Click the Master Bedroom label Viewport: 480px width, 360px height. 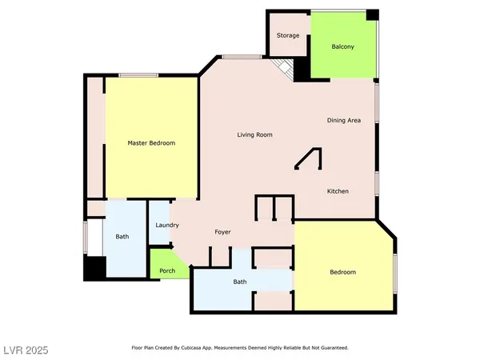[151, 143]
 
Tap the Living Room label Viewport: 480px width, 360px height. [254, 134]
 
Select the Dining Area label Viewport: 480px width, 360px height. [344, 121]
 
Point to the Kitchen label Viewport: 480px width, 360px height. [337, 191]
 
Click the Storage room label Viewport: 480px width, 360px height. [288, 36]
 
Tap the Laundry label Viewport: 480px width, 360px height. [166, 226]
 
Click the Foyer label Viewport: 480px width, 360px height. [223, 233]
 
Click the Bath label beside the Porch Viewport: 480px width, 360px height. [240, 282]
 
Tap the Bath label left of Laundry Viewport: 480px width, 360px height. [122, 237]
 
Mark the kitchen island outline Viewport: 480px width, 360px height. [308, 159]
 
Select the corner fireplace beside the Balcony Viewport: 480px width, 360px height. [282, 68]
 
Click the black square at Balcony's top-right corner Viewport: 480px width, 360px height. [371, 15]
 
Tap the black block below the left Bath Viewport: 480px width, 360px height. [94, 268]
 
